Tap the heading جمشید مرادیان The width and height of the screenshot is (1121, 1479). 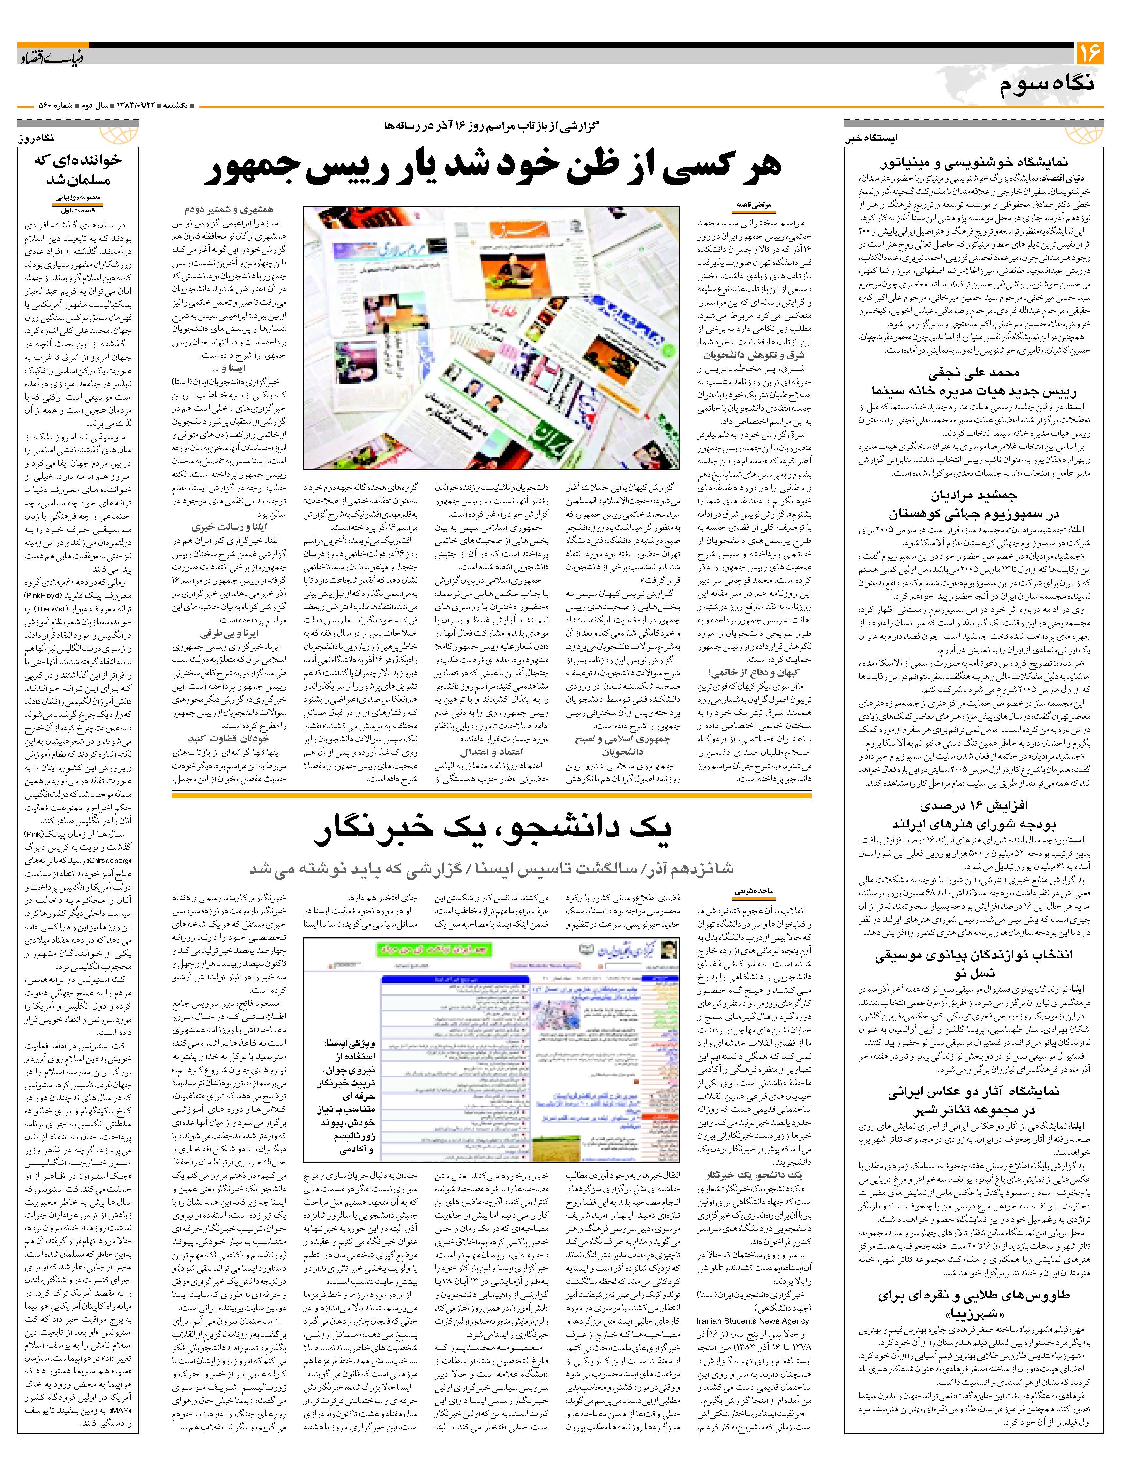(x=973, y=496)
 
